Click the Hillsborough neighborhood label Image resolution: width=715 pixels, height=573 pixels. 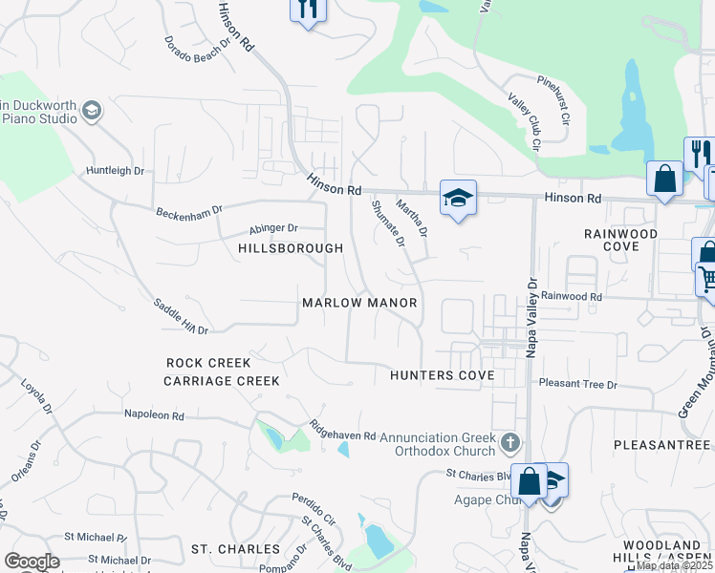coord(290,248)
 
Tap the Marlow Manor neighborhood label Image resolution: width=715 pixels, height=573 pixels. coord(360,303)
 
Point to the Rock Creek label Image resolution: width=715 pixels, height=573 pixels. coord(208,363)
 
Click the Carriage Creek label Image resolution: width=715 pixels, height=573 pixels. coord(221,380)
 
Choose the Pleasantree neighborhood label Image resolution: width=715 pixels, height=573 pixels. coord(661,445)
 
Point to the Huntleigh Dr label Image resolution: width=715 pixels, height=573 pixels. coord(115,171)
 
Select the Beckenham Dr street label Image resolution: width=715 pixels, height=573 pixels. coord(189,209)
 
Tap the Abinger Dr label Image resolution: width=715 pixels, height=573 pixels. coord(274,228)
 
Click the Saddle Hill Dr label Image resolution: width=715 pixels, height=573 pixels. coord(181,315)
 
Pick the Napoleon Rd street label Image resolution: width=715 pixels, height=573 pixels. coord(153,414)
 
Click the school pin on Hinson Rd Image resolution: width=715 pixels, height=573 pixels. coord(458,199)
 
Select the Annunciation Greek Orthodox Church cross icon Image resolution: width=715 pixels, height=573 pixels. coord(510,442)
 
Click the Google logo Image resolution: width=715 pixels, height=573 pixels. coord(32,562)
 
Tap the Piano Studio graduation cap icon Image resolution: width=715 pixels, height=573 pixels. coord(92,111)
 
